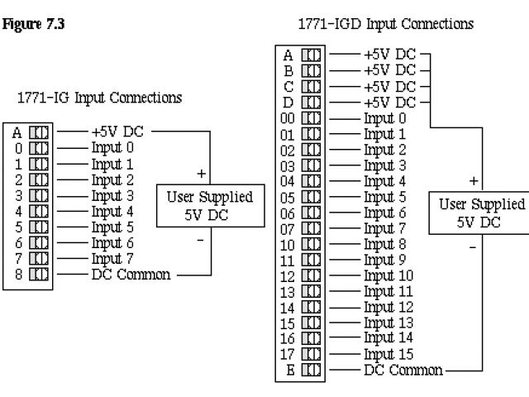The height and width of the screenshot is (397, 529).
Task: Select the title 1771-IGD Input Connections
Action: [x=386, y=24]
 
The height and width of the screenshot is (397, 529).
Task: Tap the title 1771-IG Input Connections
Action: [x=99, y=98]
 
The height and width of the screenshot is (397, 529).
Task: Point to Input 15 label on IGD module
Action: [x=388, y=353]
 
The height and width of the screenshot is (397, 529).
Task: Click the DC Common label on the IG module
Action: [x=131, y=275]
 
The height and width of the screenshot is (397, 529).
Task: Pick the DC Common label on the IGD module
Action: [x=403, y=369]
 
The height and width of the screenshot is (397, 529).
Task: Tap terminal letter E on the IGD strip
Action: [x=288, y=370]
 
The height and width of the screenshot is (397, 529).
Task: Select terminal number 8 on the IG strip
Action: [x=17, y=275]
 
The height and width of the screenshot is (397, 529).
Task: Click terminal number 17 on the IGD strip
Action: [x=288, y=353]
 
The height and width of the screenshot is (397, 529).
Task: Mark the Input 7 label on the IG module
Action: [x=112, y=259]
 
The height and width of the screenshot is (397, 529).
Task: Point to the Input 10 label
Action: [x=388, y=275]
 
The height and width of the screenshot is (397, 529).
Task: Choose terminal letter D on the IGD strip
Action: [x=288, y=103]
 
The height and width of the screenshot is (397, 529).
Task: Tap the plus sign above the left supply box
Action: [x=201, y=174]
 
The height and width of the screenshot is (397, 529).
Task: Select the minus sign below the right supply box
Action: [x=472, y=246]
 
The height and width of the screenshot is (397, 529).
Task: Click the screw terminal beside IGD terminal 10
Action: [x=312, y=245]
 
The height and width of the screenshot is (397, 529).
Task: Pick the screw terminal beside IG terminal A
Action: [x=40, y=132]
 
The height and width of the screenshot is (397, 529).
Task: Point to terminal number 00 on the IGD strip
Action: [x=288, y=118]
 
